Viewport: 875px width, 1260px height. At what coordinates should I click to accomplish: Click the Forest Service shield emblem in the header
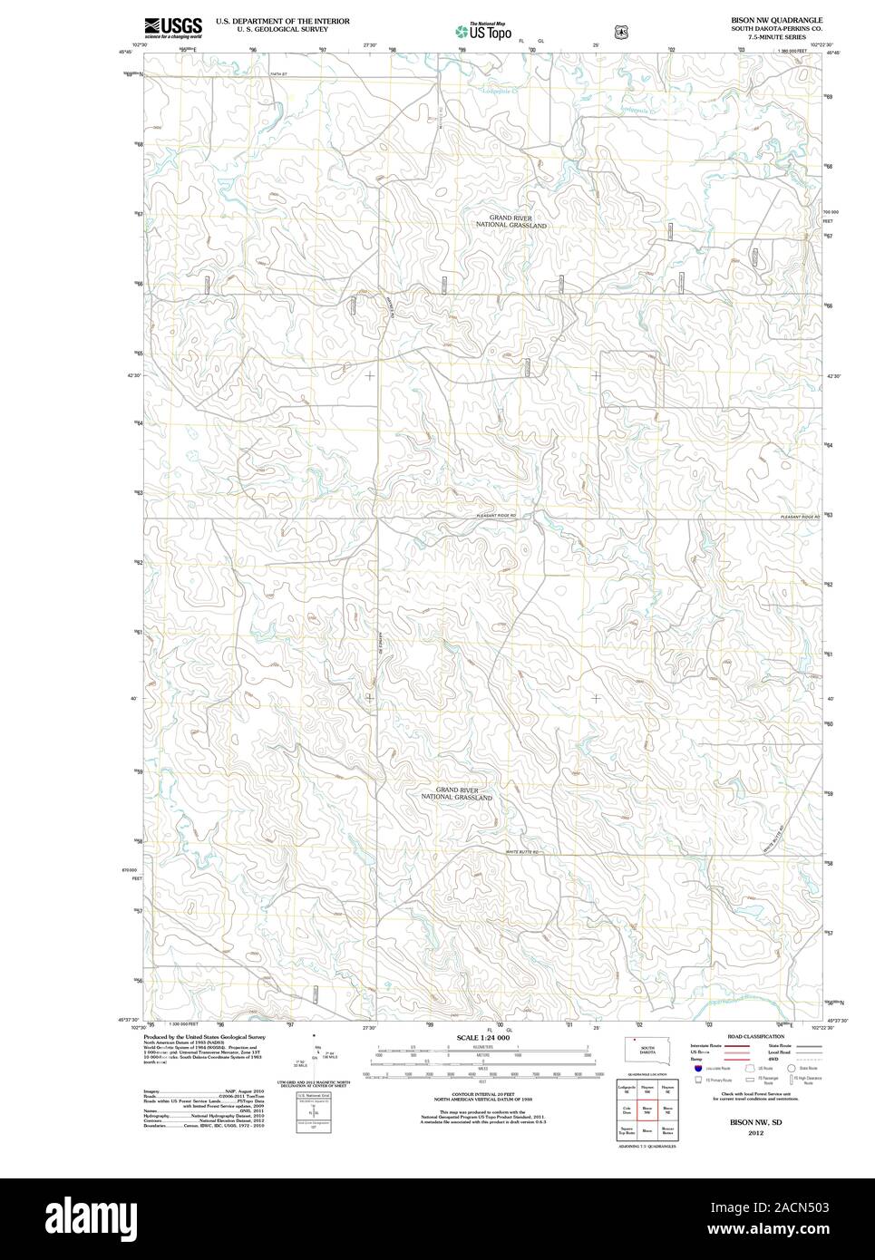(x=620, y=31)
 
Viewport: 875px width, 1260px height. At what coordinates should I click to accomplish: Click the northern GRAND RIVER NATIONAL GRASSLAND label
(x=511, y=221)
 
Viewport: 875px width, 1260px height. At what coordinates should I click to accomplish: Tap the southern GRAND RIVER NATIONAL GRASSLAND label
(x=456, y=793)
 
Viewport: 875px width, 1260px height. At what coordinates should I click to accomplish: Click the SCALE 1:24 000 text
(x=483, y=1037)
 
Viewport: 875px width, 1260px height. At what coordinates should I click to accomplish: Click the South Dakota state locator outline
(x=647, y=1049)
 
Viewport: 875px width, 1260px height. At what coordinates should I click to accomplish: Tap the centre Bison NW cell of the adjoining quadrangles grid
(x=647, y=1110)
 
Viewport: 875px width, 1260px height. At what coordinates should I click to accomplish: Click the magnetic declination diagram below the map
(x=315, y=1057)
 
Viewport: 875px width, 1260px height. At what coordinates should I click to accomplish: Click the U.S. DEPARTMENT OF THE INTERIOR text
(x=282, y=20)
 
